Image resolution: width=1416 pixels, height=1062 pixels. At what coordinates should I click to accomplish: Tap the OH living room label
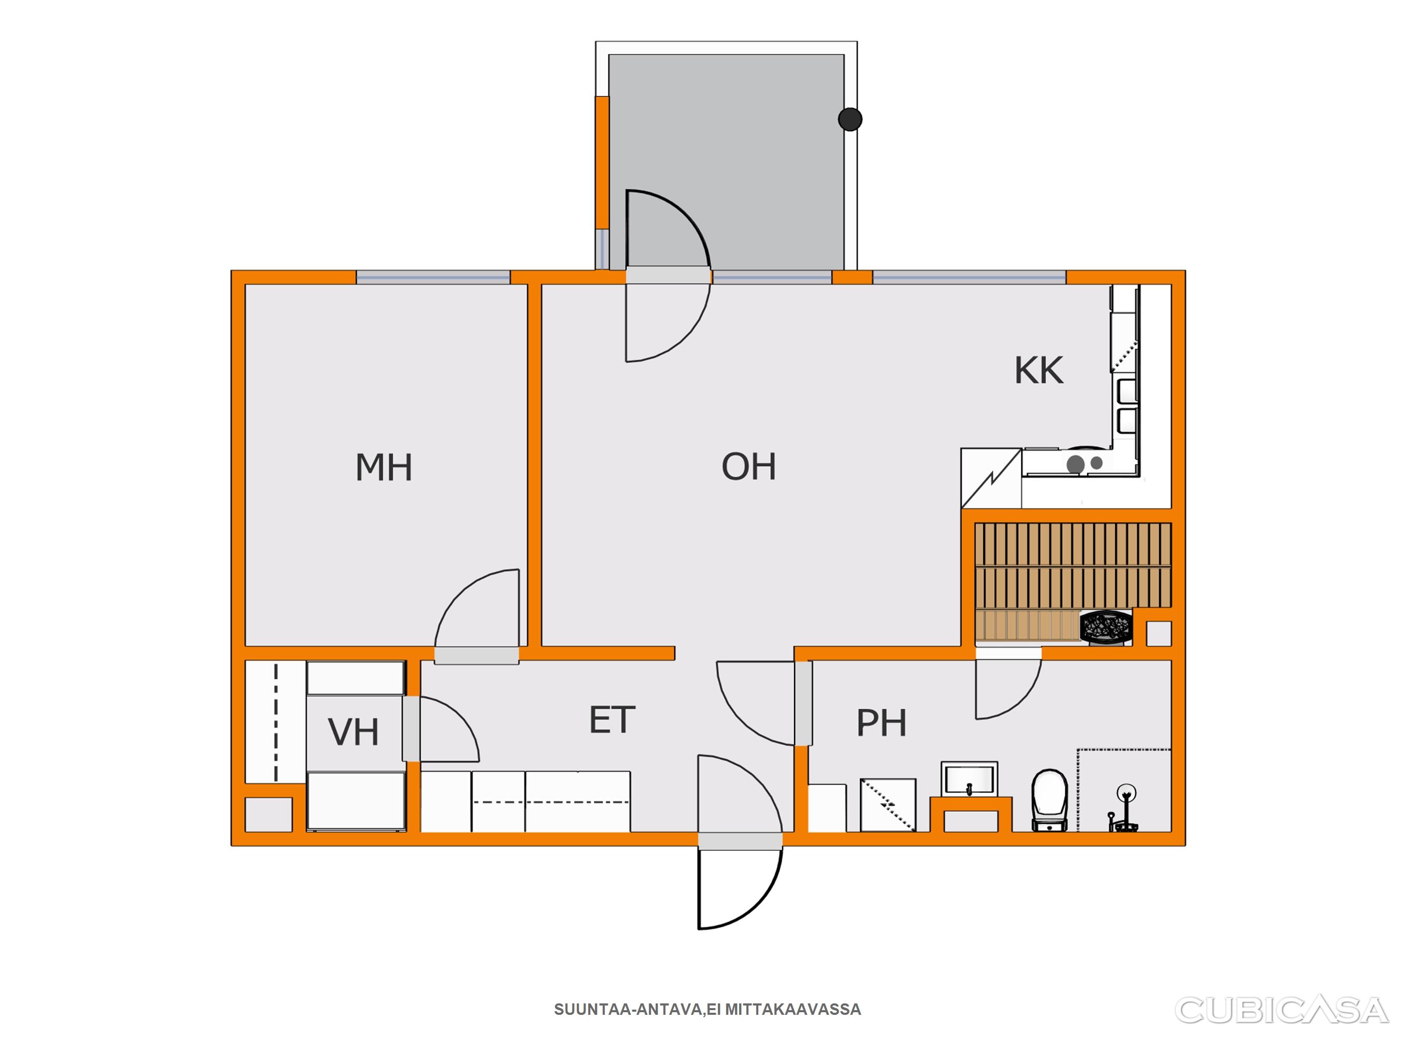pyautogui.click(x=748, y=467)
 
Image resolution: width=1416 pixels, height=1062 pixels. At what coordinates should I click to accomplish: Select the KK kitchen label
pyautogui.click(x=1039, y=370)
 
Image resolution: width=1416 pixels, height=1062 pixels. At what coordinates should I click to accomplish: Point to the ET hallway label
pyautogui.click(x=612, y=720)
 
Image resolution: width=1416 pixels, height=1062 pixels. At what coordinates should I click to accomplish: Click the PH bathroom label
pyautogui.click(x=881, y=723)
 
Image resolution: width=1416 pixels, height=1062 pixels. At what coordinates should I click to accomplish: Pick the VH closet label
pyautogui.click(x=353, y=732)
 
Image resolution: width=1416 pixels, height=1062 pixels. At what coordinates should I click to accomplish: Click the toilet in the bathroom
pyautogui.click(x=1050, y=800)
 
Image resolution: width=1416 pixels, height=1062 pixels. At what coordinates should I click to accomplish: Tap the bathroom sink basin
pyautogui.click(x=969, y=779)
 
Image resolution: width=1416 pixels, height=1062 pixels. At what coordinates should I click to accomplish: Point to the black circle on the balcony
pyautogui.click(x=850, y=119)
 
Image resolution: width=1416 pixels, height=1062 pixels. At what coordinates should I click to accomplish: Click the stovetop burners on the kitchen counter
pyautogui.click(x=1084, y=464)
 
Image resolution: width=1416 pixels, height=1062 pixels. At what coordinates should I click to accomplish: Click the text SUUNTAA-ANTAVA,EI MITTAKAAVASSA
pyautogui.click(x=707, y=1010)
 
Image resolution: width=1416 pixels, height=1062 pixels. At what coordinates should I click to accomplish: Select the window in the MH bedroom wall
pyautogui.click(x=434, y=277)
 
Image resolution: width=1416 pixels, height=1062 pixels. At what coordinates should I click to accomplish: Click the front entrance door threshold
pyautogui.click(x=740, y=841)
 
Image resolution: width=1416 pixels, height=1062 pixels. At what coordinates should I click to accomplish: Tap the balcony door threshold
pyautogui.click(x=668, y=275)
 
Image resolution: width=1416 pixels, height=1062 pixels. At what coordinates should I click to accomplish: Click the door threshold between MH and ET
pyautogui.click(x=477, y=655)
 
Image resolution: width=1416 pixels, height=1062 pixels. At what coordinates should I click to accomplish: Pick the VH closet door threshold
pyautogui.click(x=411, y=729)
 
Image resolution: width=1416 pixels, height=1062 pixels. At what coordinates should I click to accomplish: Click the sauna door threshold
pyautogui.click(x=1008, y=653)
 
